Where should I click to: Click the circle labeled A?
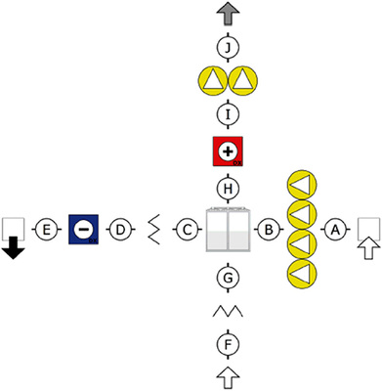click(334, 230)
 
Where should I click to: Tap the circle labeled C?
click(185, 230)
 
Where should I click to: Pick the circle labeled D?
click(117, 230)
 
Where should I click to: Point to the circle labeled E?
click(45, 230)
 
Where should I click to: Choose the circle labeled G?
click(227, 278)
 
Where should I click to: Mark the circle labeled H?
click(227, 187)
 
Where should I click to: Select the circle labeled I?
click(227, 115)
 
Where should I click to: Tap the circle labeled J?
click(227, 45)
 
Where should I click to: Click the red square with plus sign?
click(227, 153)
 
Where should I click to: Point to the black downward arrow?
click(13, 250)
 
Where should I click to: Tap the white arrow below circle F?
click(227, 376)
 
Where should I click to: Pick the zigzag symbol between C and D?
click(152, 230)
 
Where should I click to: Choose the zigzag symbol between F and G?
click(227, 312)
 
